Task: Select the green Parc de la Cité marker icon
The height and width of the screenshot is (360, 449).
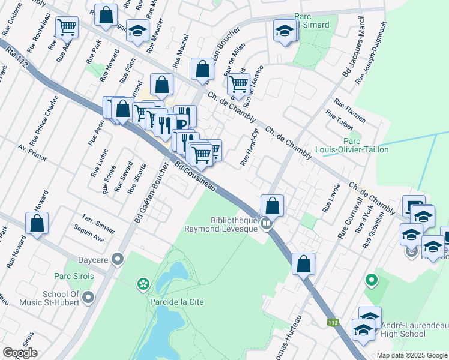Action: click(142, 283)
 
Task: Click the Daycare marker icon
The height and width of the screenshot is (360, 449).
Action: click(118, 259)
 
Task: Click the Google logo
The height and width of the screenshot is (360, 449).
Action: click(20, 353)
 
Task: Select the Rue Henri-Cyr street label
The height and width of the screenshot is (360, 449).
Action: click(249, 146)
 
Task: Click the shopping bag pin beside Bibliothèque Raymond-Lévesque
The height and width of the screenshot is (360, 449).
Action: click(273, 205)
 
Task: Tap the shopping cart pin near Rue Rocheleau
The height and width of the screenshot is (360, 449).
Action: click(67, 26)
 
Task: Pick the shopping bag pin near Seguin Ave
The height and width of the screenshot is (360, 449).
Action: click(37, 223)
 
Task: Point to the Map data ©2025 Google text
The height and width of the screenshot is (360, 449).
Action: click(411, 355)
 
